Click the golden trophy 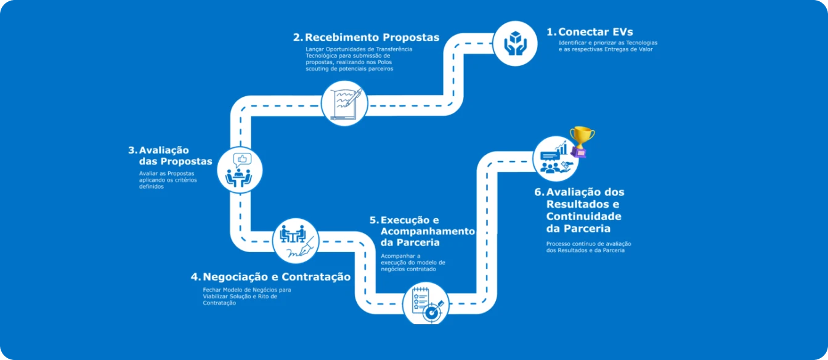point(582,142)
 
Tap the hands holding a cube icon point(515,43)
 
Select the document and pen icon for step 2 point(345,104)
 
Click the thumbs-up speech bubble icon point(243,160)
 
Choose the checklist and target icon point(427,305)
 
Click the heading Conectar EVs point(596,32)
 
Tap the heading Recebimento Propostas point(372,38)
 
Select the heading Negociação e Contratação point(277,277)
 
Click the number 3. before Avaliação point(132,150)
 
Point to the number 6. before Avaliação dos point(539,192)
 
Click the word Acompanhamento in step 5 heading point(428,231)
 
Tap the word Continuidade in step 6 point(583,216)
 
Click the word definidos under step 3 point(151,187)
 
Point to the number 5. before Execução point(374,220)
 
